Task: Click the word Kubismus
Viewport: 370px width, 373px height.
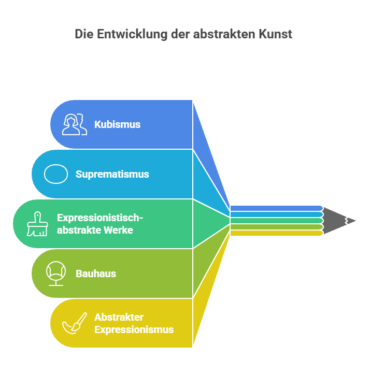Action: click(117, 124)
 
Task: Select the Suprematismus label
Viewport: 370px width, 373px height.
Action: click(112, 174)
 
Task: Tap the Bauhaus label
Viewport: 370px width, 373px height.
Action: click(96, 274)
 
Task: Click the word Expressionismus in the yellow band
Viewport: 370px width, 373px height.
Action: click(134, 329)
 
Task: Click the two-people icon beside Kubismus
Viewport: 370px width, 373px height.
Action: click(75, 124)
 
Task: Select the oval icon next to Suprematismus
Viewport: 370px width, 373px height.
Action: click(56, 174)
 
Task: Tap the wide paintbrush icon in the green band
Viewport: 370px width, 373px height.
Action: click(37, 224)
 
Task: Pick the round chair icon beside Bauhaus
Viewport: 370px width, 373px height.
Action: click(56, 274)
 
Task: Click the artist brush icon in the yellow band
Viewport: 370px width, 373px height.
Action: click(75, 323)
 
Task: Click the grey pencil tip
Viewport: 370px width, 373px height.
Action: click(338, 221)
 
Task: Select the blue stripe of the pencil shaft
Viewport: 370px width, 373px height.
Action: click(277, 208)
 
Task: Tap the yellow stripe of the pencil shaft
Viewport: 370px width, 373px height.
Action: click(277, 233)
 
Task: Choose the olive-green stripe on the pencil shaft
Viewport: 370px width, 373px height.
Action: click(277, 227)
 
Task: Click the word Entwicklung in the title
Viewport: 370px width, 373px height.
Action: click(132, 34)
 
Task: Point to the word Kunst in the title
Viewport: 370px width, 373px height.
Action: click(275, 34)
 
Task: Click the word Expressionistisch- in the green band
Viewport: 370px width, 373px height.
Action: click(100, 218)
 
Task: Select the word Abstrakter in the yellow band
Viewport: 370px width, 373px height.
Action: click(119, 317)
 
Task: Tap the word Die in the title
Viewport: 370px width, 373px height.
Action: click(84, 34)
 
